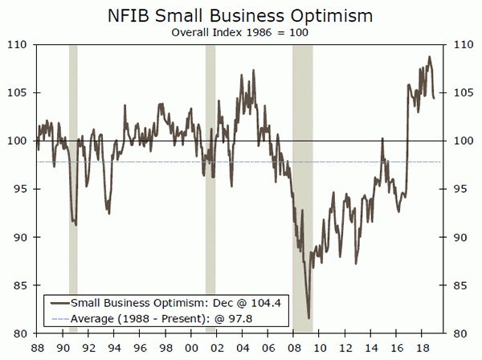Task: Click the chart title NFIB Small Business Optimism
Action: [240, 16]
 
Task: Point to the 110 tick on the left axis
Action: [18, 45]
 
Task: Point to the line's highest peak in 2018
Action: [429, 57]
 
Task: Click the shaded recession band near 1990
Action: [73, 189]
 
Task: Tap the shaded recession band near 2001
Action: [210, 189]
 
